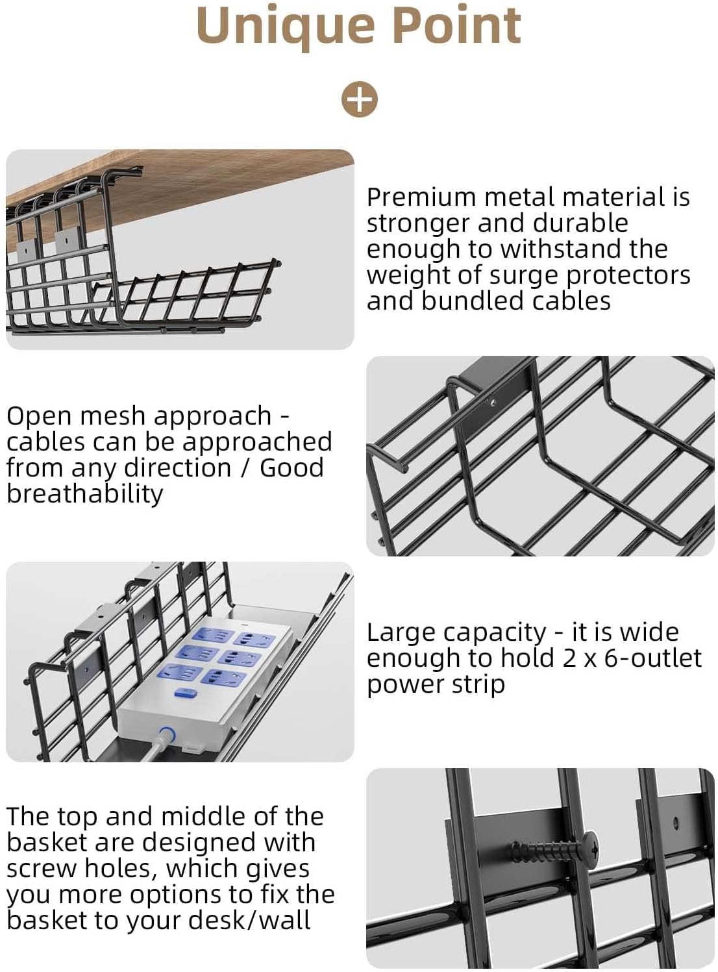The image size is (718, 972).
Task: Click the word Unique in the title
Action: pyautogui.click(x=286, y=26)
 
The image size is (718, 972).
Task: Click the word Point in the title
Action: pyautogui.click(x=457, y=26)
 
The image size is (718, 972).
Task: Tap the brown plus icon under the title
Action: pyautogui.click(x=359, y=99)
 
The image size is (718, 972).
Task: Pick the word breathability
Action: pyautogui.click(x=84, y=494)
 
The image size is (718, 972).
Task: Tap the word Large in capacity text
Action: pyautogui.click(x=397, y=632)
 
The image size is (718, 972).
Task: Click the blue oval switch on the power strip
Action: pyautogui.click(x=186, y=693)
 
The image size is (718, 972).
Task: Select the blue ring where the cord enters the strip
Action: pyautogui.click(x=167, y=735)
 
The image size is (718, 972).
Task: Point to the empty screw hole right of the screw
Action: pyautogui.click(x=676, y=823)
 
